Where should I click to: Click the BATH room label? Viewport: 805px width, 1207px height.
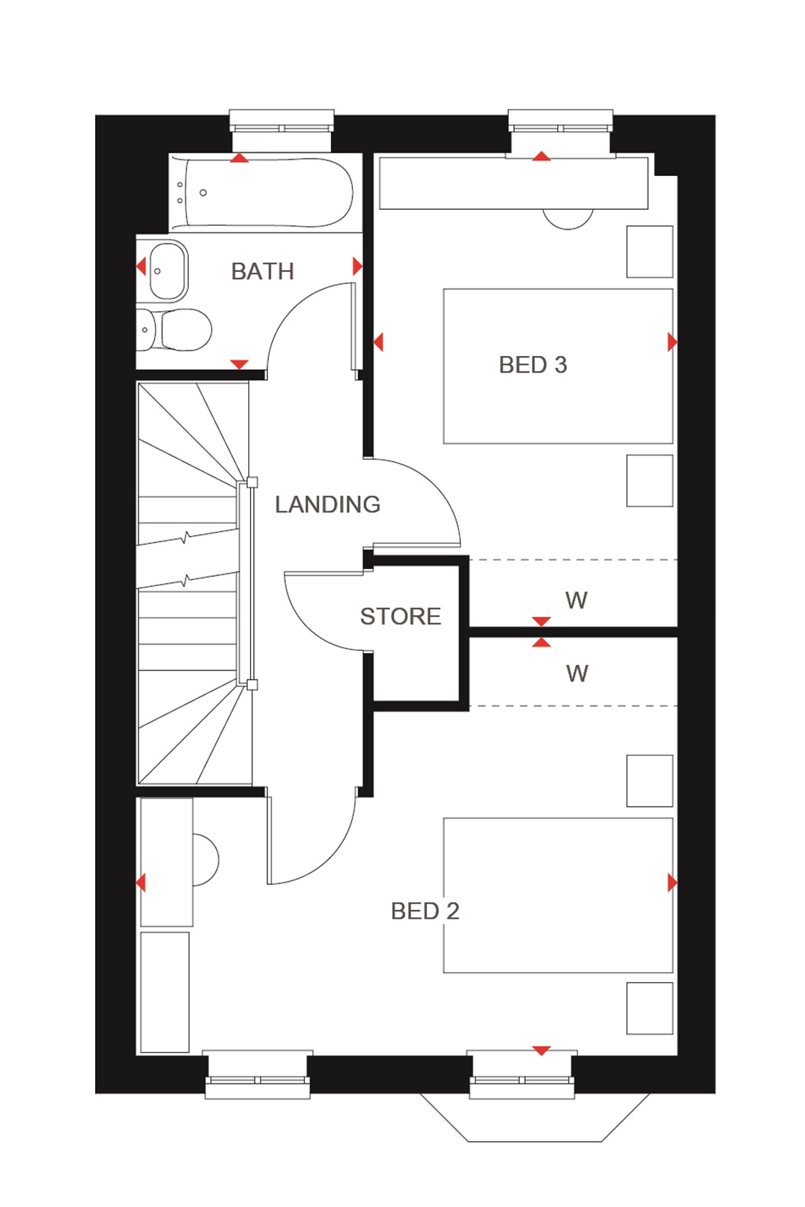coord(263,271)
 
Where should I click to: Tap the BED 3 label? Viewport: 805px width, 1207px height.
coord(532,365)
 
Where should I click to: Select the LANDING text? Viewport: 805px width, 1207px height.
coord(327,504)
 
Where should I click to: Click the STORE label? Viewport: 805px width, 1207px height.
coord(400,616)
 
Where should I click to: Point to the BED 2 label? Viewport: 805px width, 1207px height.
coord(425,911)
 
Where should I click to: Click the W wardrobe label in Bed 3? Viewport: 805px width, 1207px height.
coord(576,600)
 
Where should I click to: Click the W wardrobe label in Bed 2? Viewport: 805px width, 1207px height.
coord(577,673)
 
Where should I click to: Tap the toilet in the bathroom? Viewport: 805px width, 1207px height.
coord(177,330)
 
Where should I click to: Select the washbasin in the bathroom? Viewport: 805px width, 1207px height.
coord(167,270)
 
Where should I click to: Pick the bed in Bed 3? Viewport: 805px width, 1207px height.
coord(558,366)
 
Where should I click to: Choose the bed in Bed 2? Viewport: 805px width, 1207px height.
coord(558,895)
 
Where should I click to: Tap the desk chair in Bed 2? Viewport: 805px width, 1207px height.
coord(204,860)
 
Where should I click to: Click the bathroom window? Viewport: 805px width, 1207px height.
coord(281,128)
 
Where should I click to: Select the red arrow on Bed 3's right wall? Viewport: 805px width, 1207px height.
coord(671,342)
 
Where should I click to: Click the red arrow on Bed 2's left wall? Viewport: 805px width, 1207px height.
coord(141,882)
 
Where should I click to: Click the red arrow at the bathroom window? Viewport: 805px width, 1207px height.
coord(240,158)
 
